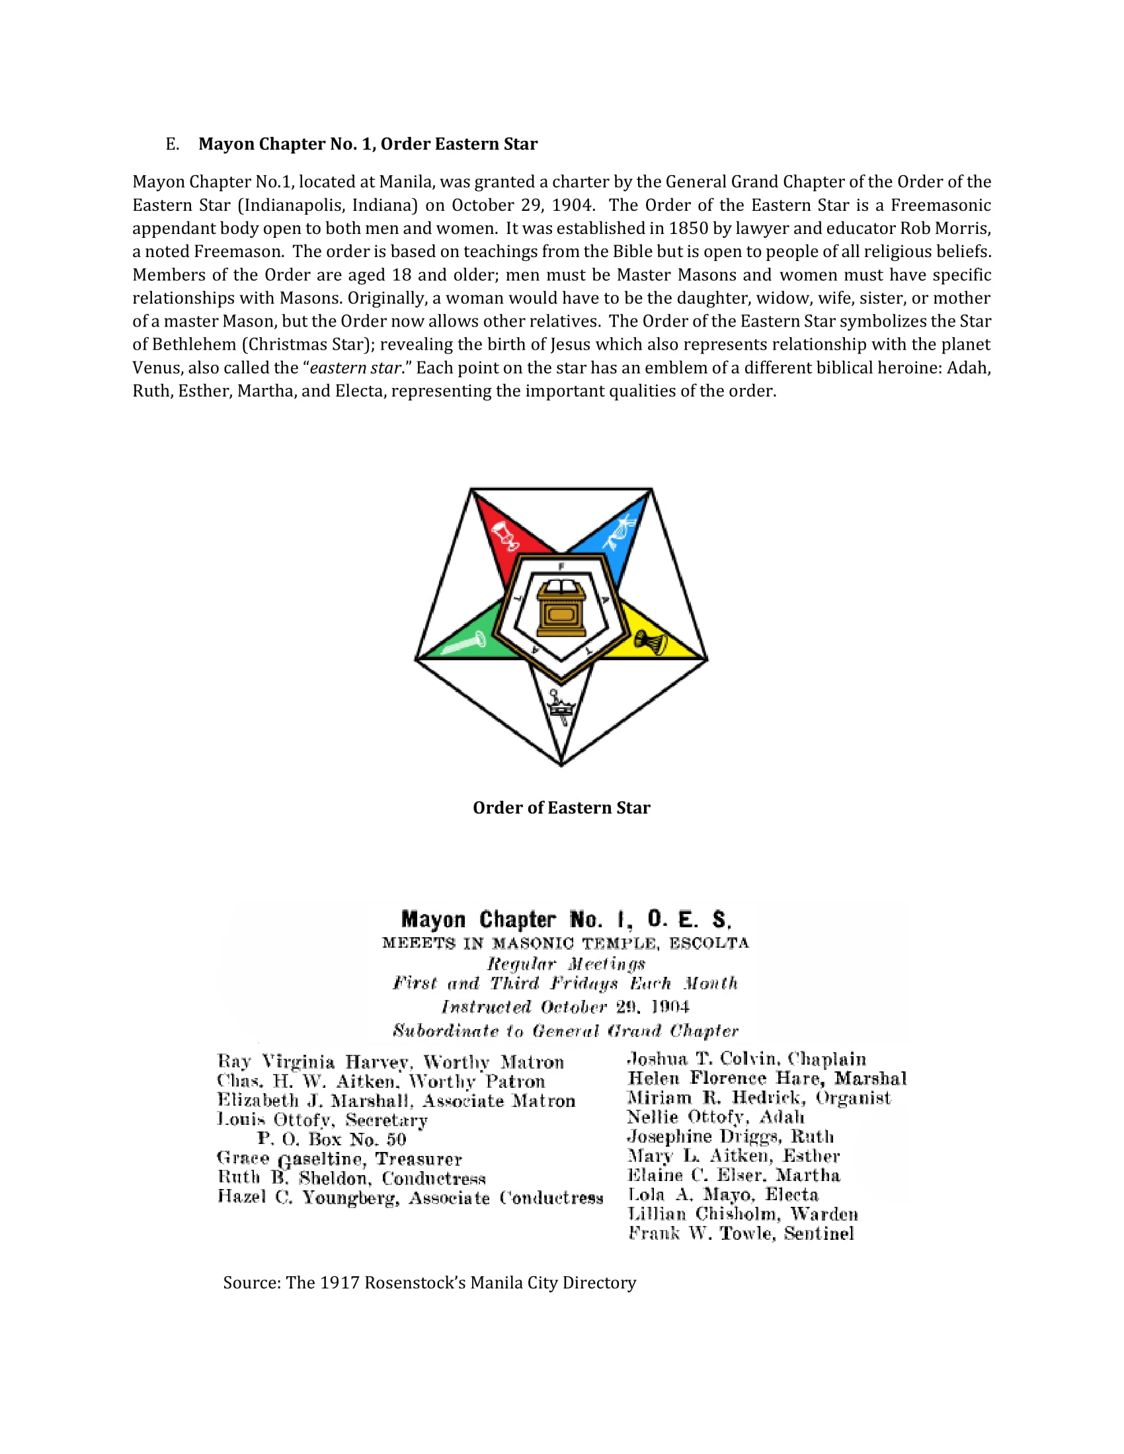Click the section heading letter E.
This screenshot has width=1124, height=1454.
coord(172,145)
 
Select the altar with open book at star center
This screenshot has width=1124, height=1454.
coord(561,608)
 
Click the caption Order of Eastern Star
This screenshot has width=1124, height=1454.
coord(561,808)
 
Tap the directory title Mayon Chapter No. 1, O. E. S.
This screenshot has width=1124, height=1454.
coord(566,919)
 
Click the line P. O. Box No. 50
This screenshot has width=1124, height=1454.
coord(332,1139)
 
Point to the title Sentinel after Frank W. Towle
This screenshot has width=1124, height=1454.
coord(819,1234)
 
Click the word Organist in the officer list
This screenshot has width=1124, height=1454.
coord(853,1098)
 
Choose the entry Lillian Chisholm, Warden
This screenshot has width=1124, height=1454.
coord(743,1214)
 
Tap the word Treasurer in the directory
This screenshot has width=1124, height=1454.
coord(418,1159)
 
